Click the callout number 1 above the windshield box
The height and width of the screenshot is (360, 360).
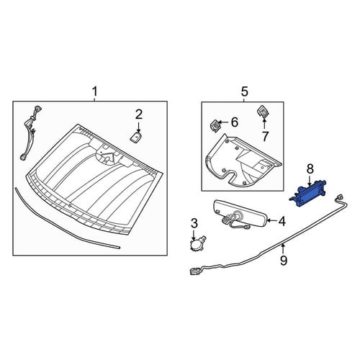click(x=95, y=92)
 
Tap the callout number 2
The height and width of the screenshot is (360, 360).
click(x=139, y=114)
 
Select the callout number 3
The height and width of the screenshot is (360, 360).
click(x=194, y=223)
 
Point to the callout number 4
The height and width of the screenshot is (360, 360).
click(x=282, y=221)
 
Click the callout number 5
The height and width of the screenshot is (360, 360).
click(x=245, y=91)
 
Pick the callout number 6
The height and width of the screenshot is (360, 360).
click(x=234, y=122)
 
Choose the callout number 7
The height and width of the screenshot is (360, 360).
click(x=265, y=137)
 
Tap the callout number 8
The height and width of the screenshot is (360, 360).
click(x=310, y=169)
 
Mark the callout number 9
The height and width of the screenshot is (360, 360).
click(x=284, y=261)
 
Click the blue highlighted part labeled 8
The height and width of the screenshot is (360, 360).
click(x=309, y=193)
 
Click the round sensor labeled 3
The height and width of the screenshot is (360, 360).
click(x=197, y=243)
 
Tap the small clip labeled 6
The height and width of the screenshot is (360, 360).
click(x=215, y=125)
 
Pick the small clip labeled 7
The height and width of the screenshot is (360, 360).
click(x=263, y=111)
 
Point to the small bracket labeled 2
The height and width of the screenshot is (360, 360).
click(x=136, y=138)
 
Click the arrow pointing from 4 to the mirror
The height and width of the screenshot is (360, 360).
click(x=272, y=220)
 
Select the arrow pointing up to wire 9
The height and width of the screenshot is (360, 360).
click(x=283, y=249)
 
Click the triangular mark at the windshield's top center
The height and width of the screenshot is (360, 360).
click(x=109, y=157)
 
